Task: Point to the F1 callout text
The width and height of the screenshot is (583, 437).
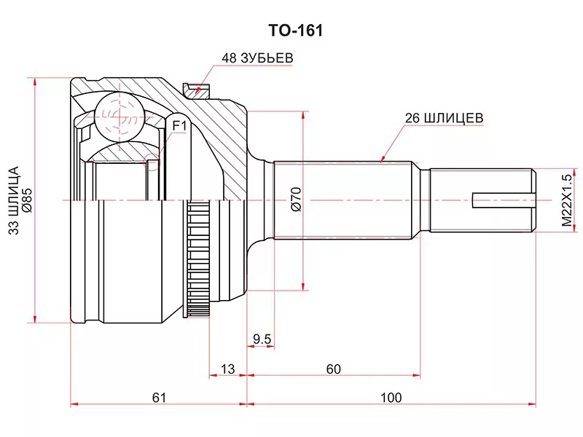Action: pyautogui.click(x=180, y=126)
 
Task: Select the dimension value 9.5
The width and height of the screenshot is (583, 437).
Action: pyautogui.click(x=262, y=339)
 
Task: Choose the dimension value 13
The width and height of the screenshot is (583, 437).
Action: pyautogui.click(x=228, y=369)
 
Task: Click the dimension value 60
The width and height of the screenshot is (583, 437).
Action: pyautogui.click(x=334, y=369)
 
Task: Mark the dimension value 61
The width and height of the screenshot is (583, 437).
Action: pyautogui.click(x=160, y=398)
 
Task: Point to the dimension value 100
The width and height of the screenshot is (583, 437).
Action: pyautogui.click(x=391, y=398)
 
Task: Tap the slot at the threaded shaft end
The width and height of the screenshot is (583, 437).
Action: pyautogui.click(x=503, y=200)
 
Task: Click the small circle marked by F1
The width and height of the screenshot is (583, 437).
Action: pyautogui.click(x=153, y=162)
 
